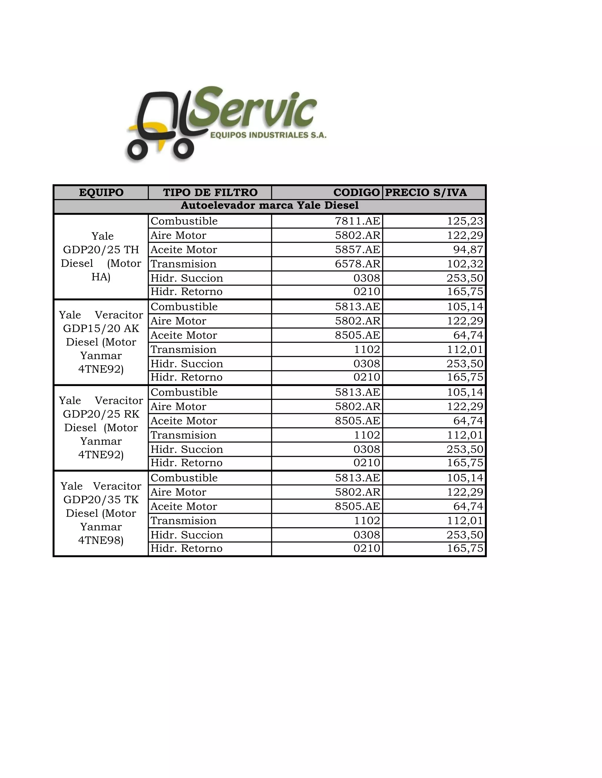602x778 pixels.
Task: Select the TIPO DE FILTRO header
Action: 210,192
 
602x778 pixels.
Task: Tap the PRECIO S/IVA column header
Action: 426,192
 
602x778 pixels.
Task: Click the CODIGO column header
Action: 356,192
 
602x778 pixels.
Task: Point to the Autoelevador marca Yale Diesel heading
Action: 269,206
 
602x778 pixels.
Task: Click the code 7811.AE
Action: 357,221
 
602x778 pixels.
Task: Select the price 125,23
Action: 465,221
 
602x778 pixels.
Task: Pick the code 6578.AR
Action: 357,264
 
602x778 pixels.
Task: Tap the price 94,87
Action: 468,249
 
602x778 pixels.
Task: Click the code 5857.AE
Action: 357,249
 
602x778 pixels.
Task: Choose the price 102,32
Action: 465,264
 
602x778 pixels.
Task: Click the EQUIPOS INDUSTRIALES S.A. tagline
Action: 268,135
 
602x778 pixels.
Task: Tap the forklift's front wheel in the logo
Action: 137,150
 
